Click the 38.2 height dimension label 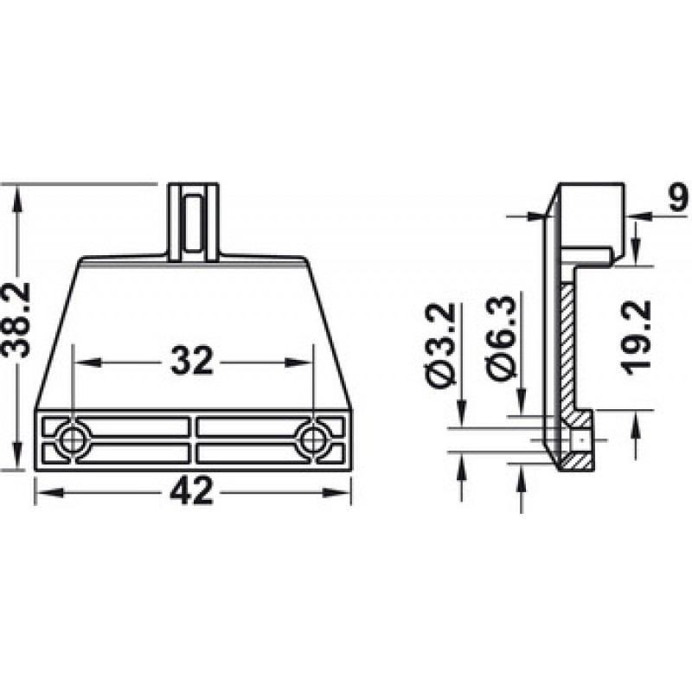(16, 320)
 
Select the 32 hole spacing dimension (191, 362)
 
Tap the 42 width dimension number (192, 491)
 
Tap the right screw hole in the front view (312, 439)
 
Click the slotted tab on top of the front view (194, 222)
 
